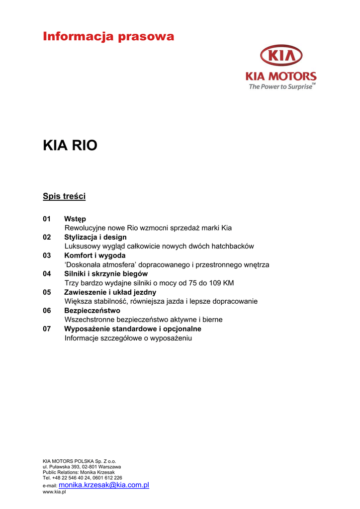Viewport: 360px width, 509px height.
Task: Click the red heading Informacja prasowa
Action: pyautogui.click(x=108, y=36)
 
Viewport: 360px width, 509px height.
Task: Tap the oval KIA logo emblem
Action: pyautogui.click(x=281, y=55)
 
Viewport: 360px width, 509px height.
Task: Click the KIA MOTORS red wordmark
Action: pyautogui.click(x=281, y=77)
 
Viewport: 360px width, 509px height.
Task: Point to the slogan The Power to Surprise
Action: pyautogui.click(x=281, y=86)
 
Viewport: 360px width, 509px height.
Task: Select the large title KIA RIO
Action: pyautogui.click(x=70, y=146)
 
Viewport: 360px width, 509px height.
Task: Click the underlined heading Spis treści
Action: pyautogui.click(x=64, y=196)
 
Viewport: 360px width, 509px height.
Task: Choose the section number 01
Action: pyautogui.click(x=47, y=219)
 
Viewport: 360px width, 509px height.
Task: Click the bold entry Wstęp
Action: pyautogui.click(x=75, y=219)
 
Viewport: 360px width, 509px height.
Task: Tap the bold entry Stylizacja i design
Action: pyautogui.click(x=95, y=237)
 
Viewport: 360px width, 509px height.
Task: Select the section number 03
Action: pyautogui.click(x=47, y=255)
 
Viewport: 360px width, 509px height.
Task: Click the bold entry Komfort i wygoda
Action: pyautogui.click(x=94, y=255)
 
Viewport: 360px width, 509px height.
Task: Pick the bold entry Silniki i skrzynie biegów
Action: pyautogui.click(x=106, y=274)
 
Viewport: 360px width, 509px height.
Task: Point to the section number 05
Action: pyautogui.click(x=47, y=292)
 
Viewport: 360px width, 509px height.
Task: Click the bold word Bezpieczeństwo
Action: pyautogui.click(x=92, y=311)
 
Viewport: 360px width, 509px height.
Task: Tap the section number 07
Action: pyautogui.click(x=47, y=329)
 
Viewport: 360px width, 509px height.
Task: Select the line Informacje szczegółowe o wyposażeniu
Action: pyautogui.click(x=128, y=338)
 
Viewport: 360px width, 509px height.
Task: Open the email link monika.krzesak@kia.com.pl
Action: pyautogui.click(x=104, y=485)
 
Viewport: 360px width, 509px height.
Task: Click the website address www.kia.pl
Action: pyautogui.click(x=54, y=492)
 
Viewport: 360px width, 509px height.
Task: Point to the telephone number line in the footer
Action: pyautogui.click(x=83, y=478)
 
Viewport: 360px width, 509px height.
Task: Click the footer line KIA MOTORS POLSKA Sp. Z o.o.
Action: pyautogui.click(x=80, y=461)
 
